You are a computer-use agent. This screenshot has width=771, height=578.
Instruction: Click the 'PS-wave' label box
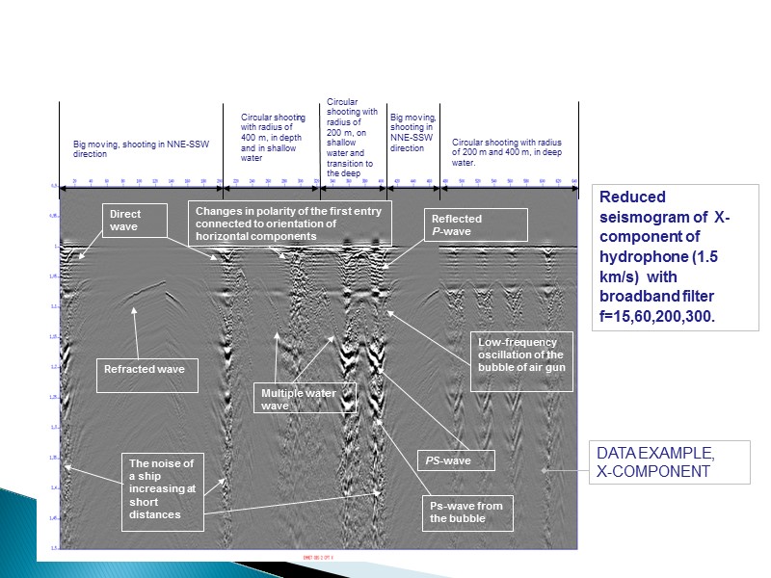click(456, 460)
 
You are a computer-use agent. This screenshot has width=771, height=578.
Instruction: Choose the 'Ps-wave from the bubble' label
click(467, 512)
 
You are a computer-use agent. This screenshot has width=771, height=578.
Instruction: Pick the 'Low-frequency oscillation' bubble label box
click(521, 361)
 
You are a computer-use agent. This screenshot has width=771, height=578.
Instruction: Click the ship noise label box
click(163, 487)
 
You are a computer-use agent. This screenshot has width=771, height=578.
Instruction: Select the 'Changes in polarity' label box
click(290, 223)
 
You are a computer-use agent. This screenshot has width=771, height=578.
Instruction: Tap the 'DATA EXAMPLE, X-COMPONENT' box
click(668, 462)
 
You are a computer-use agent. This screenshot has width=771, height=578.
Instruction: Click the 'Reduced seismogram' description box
click(665, 257)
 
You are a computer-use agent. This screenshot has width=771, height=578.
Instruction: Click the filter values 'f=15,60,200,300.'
click(656, 318)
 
